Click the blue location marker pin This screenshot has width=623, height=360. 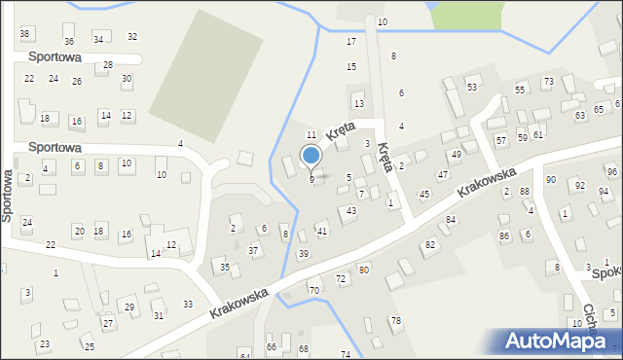click(311, 156)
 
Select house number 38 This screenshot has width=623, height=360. click(25, 34)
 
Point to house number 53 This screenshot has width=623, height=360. click(472, 88)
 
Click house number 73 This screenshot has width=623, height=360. click(548, 82)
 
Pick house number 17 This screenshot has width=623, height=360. click(351, 42)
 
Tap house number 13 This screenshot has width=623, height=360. click(359, 103)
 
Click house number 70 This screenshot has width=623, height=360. click(313, 291)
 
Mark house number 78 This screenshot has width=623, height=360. click(395, 321)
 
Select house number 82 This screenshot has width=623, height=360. click(429, 244)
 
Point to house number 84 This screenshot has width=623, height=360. click(451, 220)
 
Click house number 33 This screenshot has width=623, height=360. click(188, 305)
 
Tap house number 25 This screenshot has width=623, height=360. click(89, 347)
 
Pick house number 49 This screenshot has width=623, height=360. click(456, 155)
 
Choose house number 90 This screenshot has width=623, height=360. click(551, 180)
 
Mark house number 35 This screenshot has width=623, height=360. click(224, 268)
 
